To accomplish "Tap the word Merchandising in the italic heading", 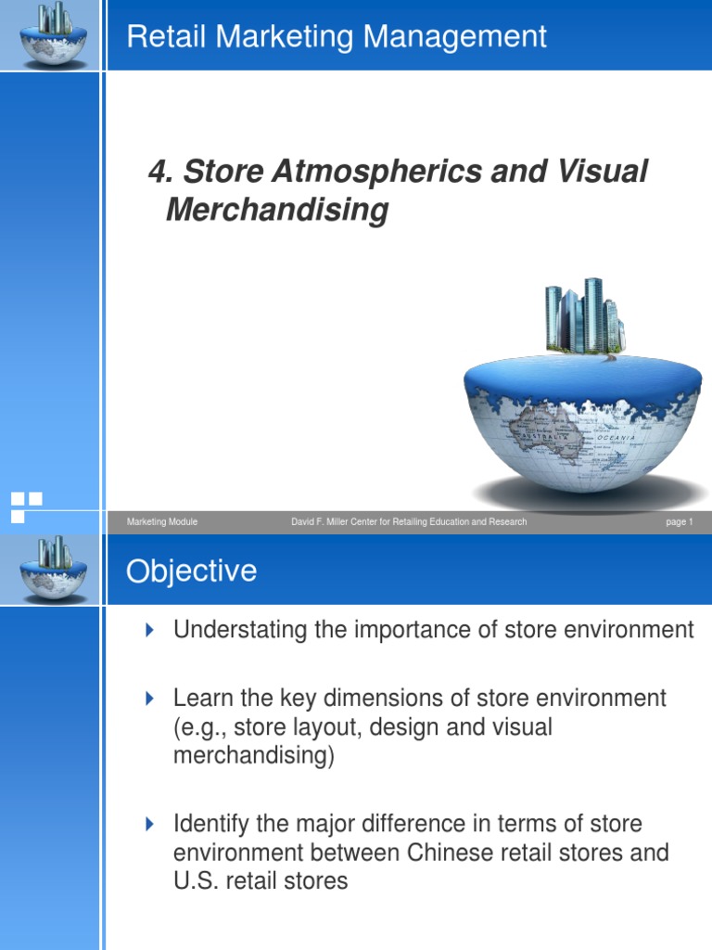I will point(276,211).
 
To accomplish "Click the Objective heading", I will point(191,571).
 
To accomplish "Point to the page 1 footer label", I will point(679,522).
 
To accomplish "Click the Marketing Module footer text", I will point(162,522).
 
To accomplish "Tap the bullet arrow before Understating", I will point(151,631).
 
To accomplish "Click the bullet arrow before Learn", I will point(151,698).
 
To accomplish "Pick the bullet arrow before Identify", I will point(151,823).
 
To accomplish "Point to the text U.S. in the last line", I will point(195,880).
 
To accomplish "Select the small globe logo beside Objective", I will point(53,569).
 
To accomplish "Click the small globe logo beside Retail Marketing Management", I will point(53,34).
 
